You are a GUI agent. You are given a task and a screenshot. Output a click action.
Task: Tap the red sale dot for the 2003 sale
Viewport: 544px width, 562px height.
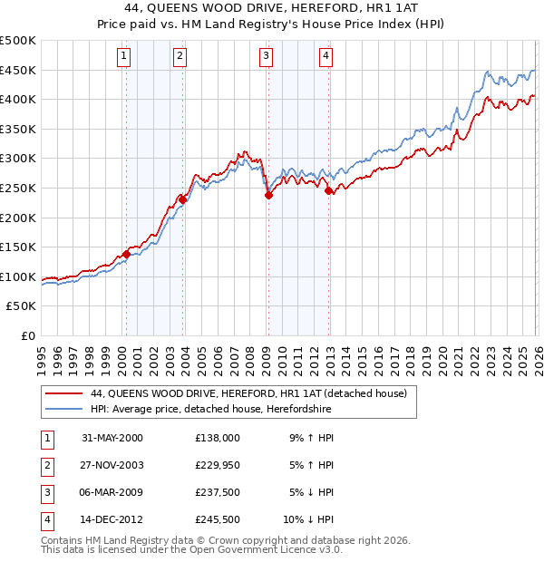click(x=182, y=199)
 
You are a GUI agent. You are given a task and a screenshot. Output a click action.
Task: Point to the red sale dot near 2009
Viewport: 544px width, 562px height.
click(x=268, y=195)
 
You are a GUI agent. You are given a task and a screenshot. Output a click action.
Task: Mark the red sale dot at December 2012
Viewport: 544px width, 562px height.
click(x=328, y=190)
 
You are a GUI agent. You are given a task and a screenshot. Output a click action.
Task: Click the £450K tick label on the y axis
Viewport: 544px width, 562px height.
click(x=18, y=70)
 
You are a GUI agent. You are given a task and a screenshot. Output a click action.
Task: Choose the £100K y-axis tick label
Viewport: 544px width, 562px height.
click(x=18, y=276)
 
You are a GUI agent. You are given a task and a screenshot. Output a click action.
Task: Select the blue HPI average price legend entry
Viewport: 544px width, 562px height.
click(x=211, y=410)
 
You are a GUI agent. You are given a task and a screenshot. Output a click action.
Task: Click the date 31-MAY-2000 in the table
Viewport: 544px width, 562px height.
click(x=112, y=437)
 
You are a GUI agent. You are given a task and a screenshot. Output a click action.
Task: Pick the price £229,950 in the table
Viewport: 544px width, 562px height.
click(x=218, y=464)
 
